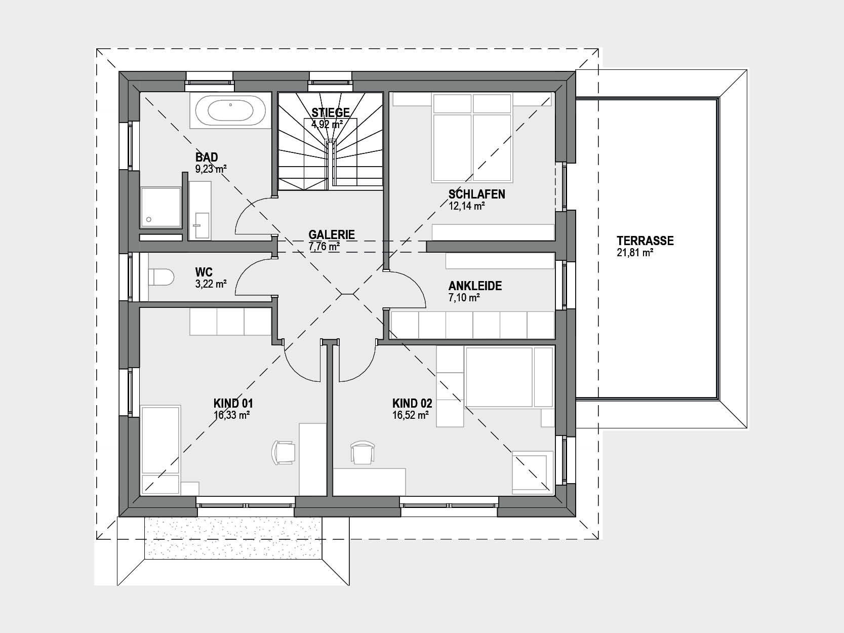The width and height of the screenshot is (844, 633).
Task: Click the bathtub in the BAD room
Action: (x=230, y=111)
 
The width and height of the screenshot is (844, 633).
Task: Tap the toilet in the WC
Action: (x=161, y=277)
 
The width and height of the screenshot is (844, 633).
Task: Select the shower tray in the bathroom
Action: (x=160, y=207)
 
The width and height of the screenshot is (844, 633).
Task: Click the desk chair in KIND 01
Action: (x=284, y=452)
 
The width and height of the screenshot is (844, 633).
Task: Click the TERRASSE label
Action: (x=645, y=241)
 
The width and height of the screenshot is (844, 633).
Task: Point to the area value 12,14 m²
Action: (x=466, y=206)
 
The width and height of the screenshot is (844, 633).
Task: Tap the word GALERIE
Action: (x=332, y=234)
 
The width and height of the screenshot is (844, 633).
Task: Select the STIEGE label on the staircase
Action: (x=330, y=113)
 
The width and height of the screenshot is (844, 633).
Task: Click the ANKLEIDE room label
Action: (x=475, y=286)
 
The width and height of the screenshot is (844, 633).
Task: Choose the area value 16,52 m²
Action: (x=410, y=415)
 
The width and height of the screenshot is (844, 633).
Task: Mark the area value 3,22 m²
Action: (x=211, y=284)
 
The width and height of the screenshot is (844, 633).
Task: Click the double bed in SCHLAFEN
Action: (x=472, y=137)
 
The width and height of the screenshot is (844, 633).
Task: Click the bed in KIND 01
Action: (x=160, y=450)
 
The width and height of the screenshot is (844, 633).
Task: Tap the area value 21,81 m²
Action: (x=635, y=253)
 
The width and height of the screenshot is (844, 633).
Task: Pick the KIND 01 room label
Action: (x=233, y=404)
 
